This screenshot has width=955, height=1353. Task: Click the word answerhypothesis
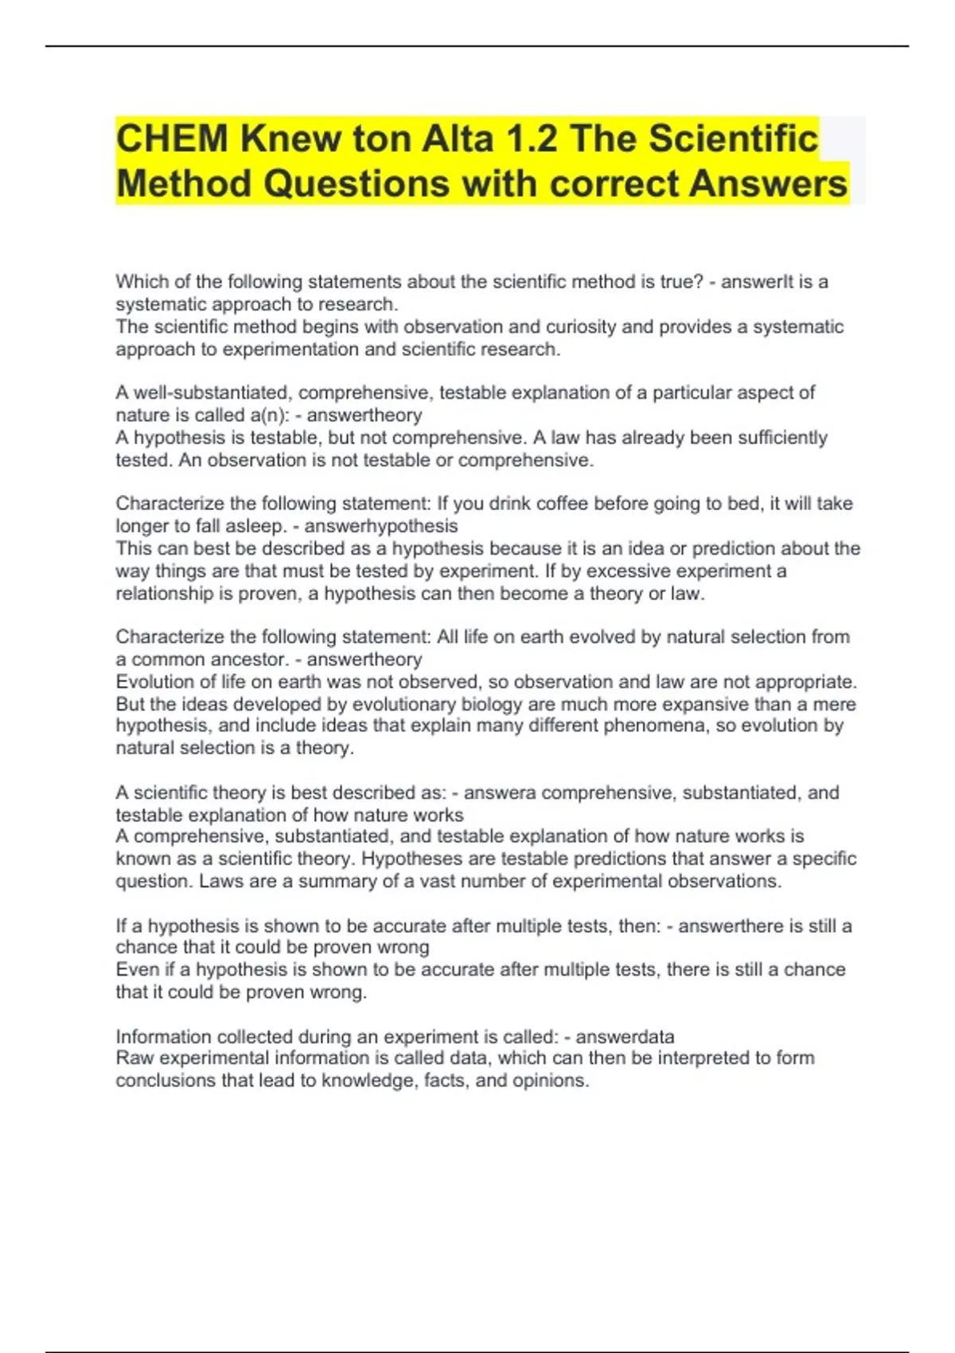(x=381, y=526)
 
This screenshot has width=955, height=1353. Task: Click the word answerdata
(x=625, y=1036)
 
